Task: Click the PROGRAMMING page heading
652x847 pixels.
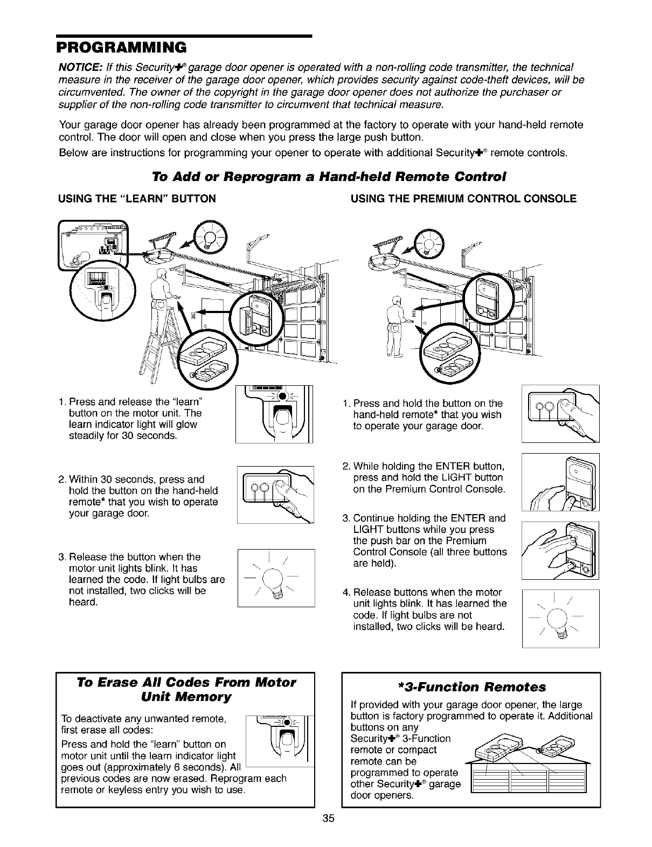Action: (122, 47)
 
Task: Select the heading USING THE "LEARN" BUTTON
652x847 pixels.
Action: (137, 199)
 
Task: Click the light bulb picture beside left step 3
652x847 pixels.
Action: (275, 577)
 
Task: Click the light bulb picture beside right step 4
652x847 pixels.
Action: (560, 618)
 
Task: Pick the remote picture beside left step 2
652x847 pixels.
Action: (275, 494)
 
